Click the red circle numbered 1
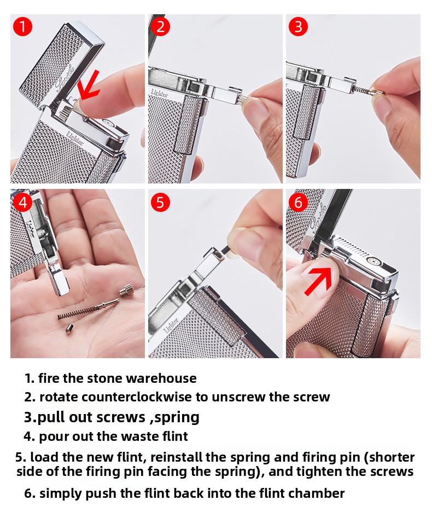tap(22, 27)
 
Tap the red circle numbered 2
tap(160, 27)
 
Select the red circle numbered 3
tap(298, 27)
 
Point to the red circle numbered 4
tap(22, 203)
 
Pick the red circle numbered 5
tap(160, 203)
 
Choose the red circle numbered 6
tap(298, 203)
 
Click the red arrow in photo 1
tap(89, 85)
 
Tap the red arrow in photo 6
tap(319, 280)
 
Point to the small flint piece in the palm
tap(69, 329)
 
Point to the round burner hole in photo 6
tap(372, 261)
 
